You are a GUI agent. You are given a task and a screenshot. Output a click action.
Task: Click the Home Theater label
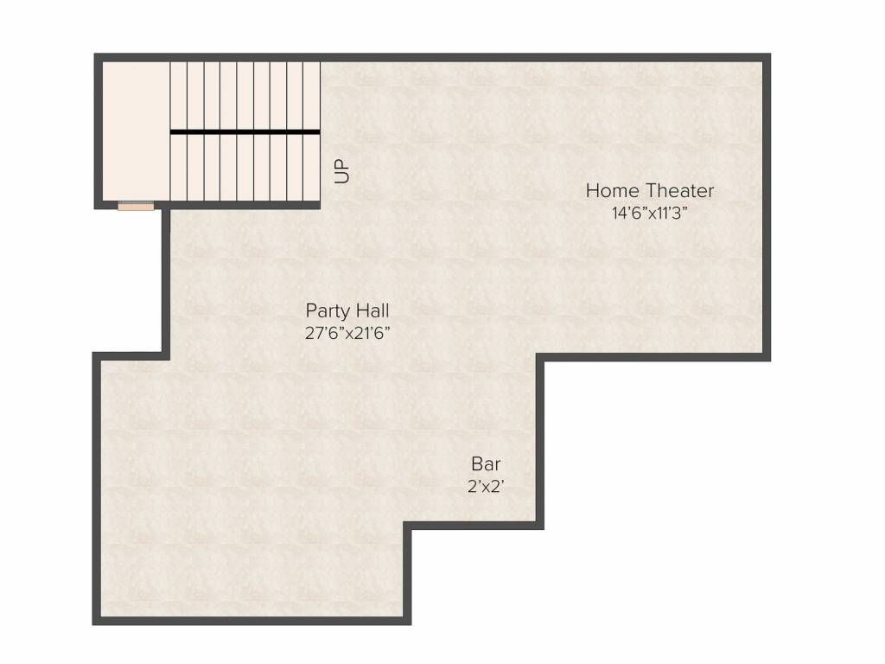(650, 190)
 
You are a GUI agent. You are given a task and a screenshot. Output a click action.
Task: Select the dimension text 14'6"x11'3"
(650, 213)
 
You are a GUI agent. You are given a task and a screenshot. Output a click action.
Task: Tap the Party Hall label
(347, 310)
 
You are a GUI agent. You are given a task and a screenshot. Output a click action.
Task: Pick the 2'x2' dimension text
(486, 486)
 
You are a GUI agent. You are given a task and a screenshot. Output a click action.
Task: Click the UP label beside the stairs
(343, 169)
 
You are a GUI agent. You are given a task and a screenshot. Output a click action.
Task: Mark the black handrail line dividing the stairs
(245, 131)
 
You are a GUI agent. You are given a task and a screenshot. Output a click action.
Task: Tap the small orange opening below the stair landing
(136, 206)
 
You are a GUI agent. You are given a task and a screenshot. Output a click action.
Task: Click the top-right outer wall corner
(767, 57)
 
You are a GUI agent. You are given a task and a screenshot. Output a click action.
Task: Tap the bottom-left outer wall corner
(97, 621)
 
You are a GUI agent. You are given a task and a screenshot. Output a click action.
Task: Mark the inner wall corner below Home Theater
(540, 356)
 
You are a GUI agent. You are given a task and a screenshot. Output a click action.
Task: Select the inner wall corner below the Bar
(408, 527)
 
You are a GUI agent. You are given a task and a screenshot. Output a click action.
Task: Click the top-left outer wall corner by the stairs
(98, 57)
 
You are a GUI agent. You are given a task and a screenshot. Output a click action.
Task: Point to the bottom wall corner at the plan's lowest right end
(407, 621)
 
